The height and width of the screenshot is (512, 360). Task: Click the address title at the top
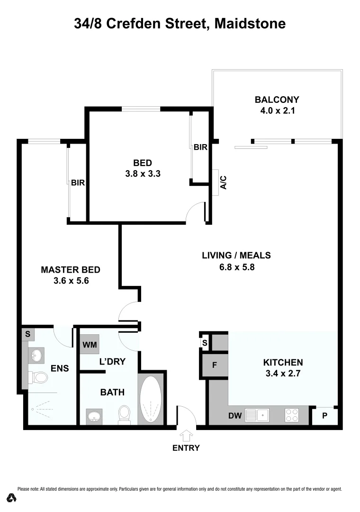click(x=180, y=24)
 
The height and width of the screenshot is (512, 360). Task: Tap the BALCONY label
click(x=277, y=100)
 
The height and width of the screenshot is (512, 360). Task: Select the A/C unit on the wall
click(x=216, y=182)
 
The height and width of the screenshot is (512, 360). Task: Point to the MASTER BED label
click(x=71, y=270)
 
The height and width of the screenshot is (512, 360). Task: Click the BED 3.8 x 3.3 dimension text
click(x=143, y=174)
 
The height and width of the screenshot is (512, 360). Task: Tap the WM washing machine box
click(x=89, y=344)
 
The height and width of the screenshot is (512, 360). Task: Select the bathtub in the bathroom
click(x=151, y=399)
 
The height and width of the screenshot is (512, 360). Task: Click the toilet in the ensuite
click(x=39, y=377)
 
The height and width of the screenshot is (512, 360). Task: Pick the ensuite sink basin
click(x=36, y=355)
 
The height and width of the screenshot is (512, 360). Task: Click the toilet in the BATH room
click(x=125, y=413)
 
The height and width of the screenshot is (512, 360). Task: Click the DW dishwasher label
click(x=235, y=416)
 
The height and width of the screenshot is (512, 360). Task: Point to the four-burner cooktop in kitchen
click(x=291, y=415)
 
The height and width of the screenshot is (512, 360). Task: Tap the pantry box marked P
click(x=324, y=416)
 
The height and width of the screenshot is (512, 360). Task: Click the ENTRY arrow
click(x=186, y=435)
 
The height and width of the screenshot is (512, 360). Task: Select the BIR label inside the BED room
click(x=200, y=147)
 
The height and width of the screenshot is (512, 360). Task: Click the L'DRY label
click(x=112, y=362)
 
